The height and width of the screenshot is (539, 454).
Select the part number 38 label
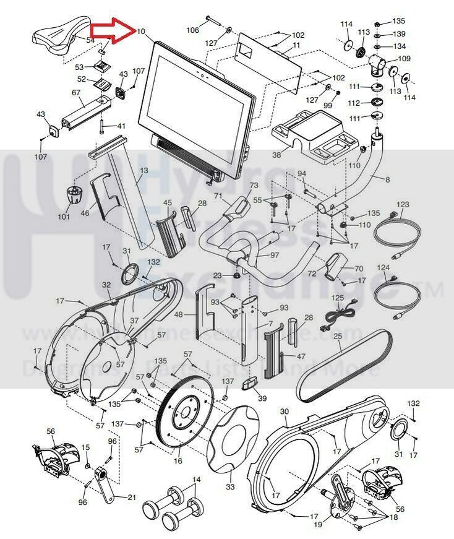point(276,155)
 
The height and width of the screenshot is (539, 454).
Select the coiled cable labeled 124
point(396,296)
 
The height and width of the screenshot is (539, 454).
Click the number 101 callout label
point(64,217)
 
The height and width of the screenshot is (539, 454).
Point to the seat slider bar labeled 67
point(84,112)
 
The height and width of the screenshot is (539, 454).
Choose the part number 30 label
point(284,412)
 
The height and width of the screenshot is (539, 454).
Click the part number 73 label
point(254,186)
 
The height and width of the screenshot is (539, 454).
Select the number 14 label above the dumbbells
point(196,480)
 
